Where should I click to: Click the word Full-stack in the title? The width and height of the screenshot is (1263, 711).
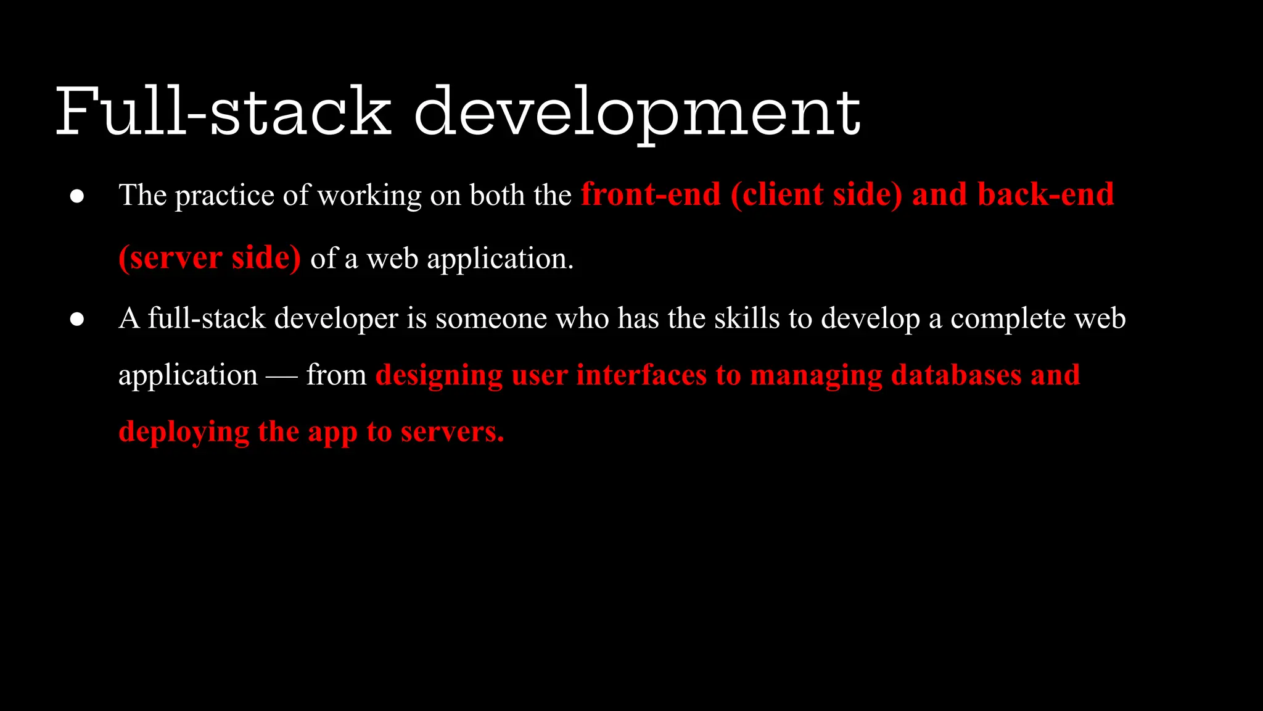223,112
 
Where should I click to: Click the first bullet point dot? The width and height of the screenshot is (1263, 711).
77,196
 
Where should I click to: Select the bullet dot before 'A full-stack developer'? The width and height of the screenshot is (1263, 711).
77,319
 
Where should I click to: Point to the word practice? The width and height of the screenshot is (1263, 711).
224,196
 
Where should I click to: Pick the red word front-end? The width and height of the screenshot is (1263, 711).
651,195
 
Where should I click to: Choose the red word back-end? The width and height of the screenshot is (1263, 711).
1046,195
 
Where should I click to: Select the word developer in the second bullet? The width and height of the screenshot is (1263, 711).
336,319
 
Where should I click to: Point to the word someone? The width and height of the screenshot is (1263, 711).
491,319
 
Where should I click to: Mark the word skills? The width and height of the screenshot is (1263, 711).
747,319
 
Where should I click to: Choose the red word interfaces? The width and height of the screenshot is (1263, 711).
641,375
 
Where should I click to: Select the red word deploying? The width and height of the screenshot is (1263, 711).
184,432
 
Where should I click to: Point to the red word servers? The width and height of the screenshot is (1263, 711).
452,432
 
